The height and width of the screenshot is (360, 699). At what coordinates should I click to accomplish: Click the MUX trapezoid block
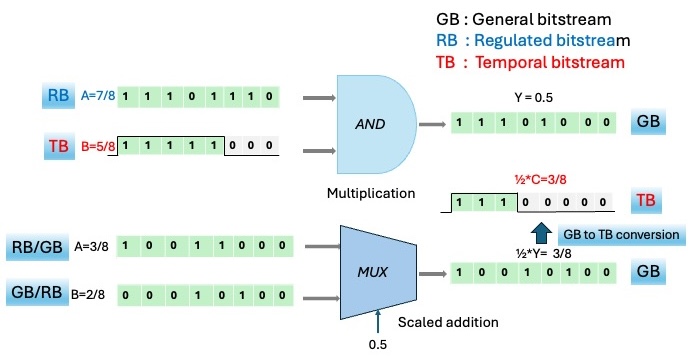coord(378,272)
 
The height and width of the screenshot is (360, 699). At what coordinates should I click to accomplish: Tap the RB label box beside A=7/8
coord(58,95)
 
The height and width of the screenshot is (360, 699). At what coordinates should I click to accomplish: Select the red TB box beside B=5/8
coord(59,146)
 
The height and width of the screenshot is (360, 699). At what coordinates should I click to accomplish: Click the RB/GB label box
coord(37,246)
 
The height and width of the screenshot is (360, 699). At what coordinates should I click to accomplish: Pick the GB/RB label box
coord(37,292)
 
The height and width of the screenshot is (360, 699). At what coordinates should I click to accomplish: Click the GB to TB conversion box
coord(621,235)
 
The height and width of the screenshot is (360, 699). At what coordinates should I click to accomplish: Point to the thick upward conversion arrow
coord(541,232)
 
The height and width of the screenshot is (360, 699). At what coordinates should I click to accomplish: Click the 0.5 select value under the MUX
coord(378,344)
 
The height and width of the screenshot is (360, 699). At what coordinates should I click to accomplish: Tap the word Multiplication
coord(371,193)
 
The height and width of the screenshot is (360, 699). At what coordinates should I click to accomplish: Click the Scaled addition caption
coord(448,322)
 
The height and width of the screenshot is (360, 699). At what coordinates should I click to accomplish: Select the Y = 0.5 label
coord(534,98)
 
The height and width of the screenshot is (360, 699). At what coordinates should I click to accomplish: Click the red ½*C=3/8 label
coord(540,179)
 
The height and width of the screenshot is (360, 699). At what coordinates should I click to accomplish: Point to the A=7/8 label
coord(98,95)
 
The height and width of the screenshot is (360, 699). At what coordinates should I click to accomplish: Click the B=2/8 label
coord(88,295)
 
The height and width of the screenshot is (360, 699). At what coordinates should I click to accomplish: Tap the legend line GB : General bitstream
coord(523,19)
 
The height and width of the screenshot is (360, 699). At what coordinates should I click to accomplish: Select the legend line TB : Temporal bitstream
coord(530,62)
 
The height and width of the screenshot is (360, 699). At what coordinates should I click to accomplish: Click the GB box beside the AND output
coord(648,121)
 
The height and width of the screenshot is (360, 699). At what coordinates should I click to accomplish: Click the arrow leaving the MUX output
coord(432,274)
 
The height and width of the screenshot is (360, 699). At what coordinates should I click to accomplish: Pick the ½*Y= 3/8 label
coord(543,254)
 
